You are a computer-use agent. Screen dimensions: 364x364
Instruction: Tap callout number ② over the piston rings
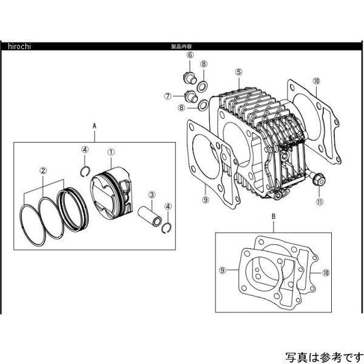44,170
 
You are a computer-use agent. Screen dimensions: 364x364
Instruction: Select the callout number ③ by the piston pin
153,195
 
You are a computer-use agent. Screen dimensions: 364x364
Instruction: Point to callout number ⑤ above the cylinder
239,72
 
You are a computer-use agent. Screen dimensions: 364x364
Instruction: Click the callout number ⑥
190,55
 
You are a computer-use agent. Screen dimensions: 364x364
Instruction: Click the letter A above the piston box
95,124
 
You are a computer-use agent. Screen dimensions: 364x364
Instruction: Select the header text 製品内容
182,47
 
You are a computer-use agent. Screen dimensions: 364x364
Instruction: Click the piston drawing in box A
113,189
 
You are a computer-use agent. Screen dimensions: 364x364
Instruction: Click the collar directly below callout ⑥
189,77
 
